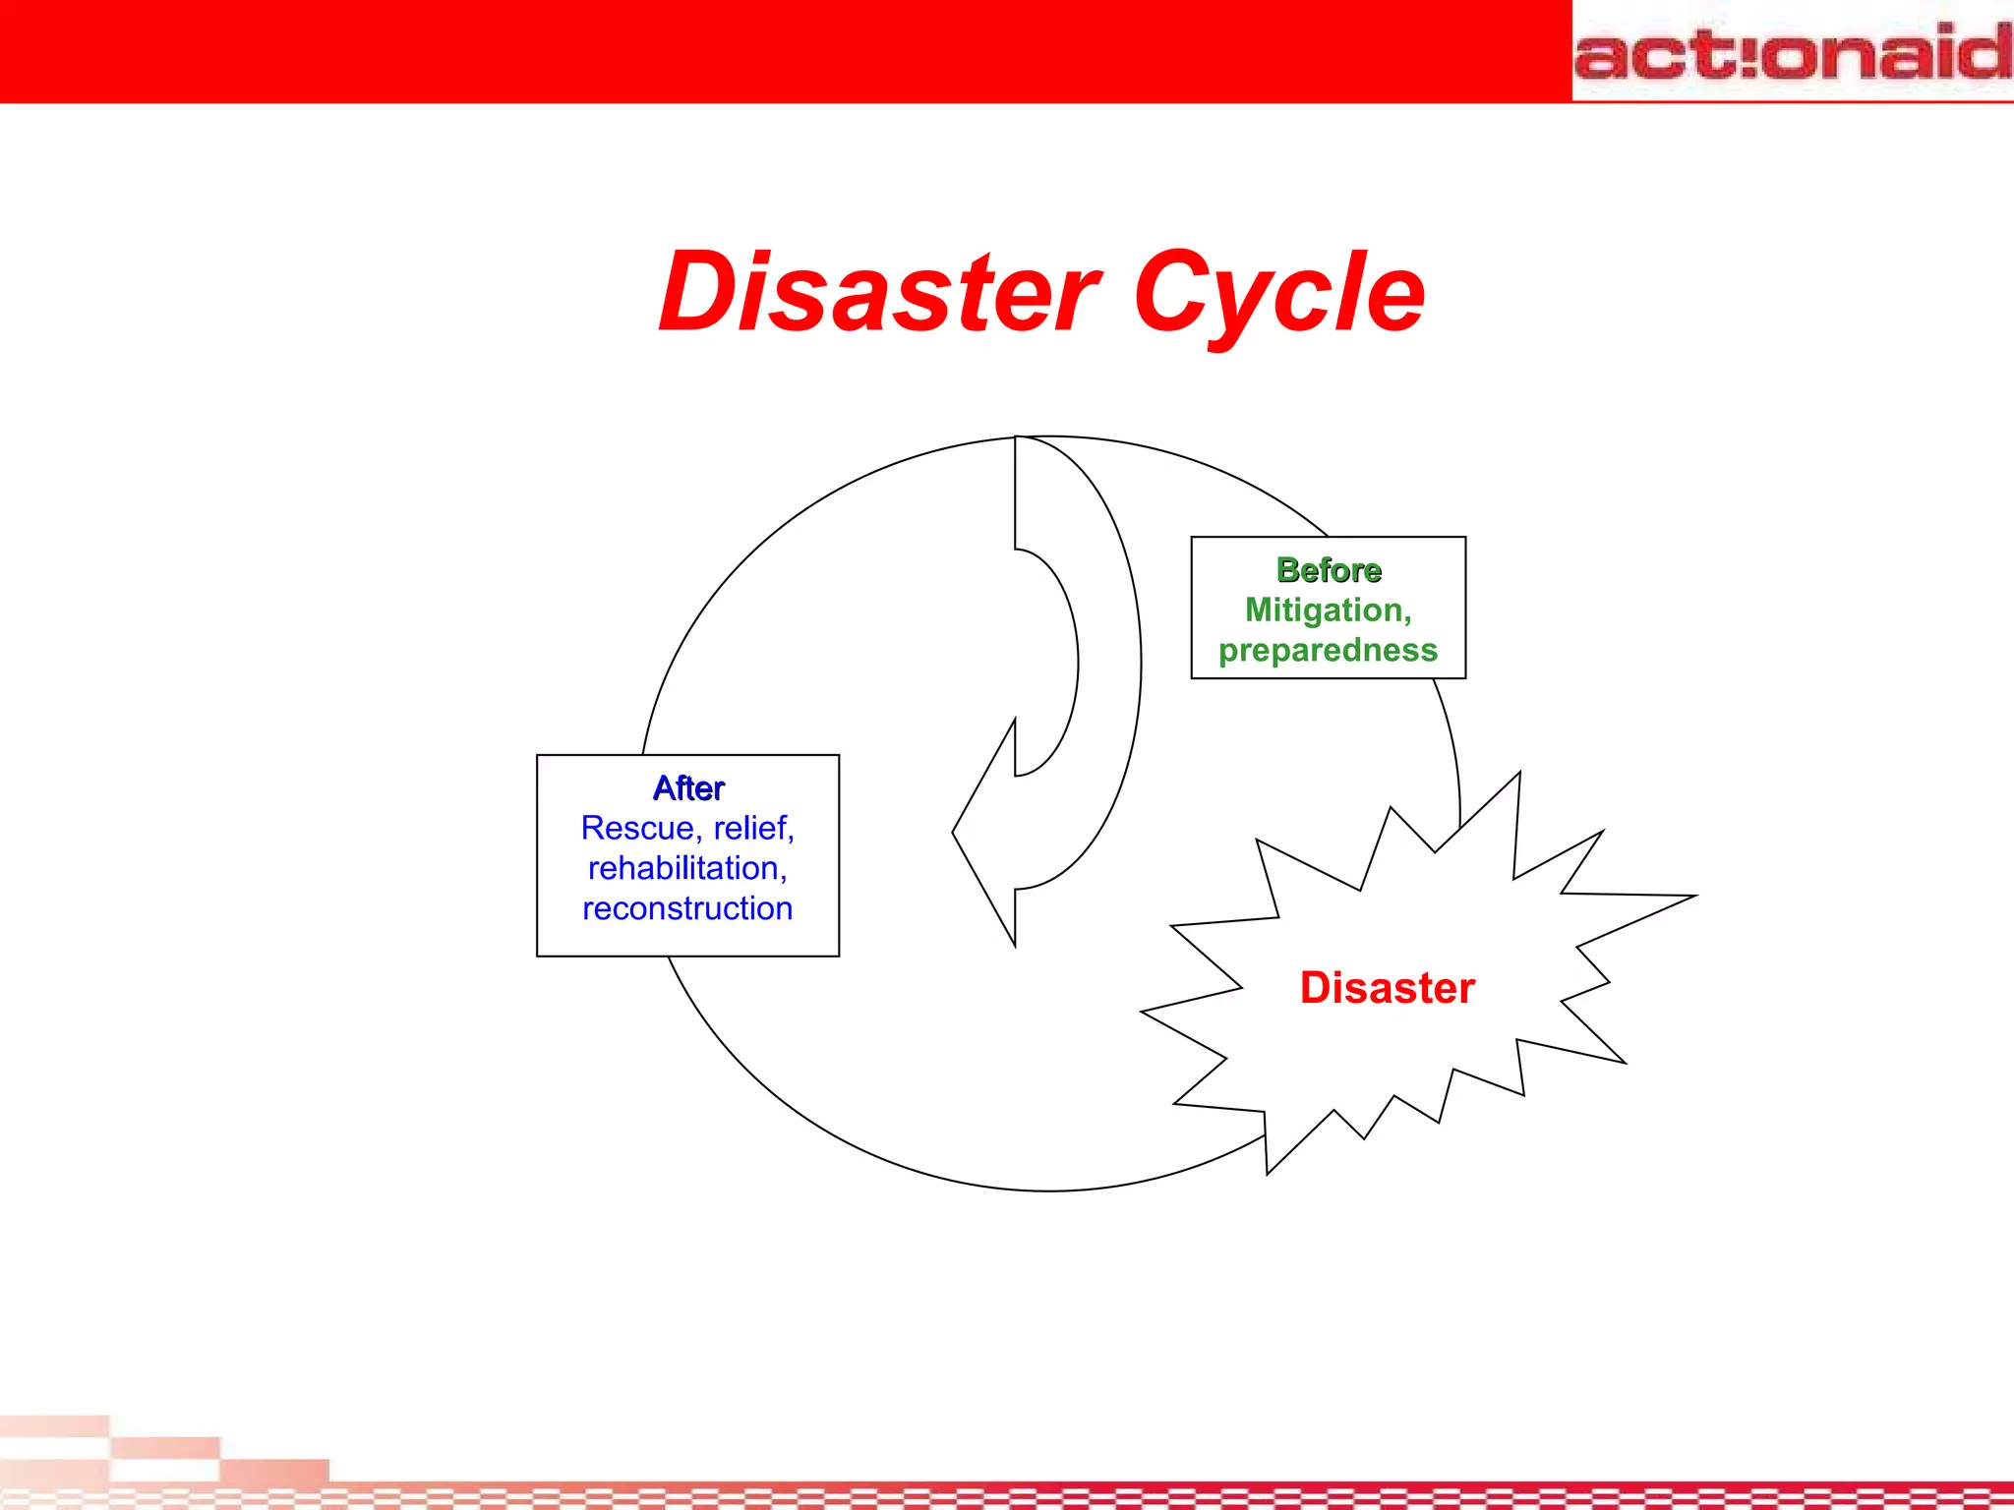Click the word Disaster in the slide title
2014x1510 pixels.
(879, 292)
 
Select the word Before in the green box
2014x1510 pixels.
(1329, 570)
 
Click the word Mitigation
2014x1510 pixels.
(1324, 610)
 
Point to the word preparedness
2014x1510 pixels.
(1328, 651)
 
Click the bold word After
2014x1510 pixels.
(688, 788)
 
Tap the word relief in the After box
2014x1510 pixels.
(751, 829)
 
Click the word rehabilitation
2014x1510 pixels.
(684, 869)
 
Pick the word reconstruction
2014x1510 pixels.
(687, 909)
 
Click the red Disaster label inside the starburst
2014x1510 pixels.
(1387, 988)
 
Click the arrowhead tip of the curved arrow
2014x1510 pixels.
(955, 833)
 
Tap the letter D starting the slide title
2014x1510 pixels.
(696, 292)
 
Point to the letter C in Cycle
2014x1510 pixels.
(1173, 292)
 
